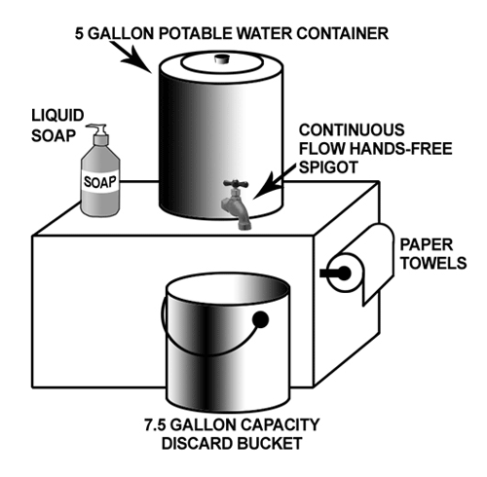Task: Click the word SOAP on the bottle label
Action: (100, 182)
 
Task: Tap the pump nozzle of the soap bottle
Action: (95, 127)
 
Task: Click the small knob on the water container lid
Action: (222, 59)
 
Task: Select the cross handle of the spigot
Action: (236, 184)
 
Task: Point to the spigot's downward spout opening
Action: (244, 226)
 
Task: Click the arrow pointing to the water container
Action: (131, 56)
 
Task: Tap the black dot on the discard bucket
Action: (260, 319)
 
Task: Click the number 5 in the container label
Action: (79, 33)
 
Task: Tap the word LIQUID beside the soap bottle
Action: (57, 116)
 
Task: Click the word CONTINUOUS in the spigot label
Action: (352, 130)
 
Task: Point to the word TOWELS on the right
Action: (433, 263)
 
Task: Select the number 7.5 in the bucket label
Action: (155, 424)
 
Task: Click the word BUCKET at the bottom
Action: (270, 444)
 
